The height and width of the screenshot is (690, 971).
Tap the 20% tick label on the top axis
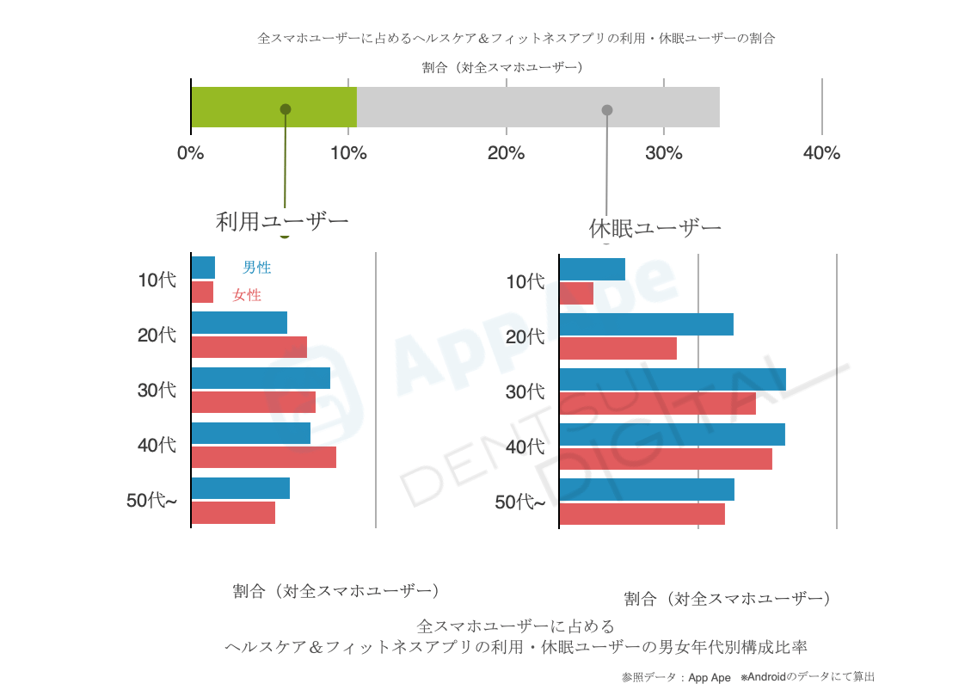tap(506, 154)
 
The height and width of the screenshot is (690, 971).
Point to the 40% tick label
tap(821, 154)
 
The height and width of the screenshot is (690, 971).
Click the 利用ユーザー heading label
tap(282, 222)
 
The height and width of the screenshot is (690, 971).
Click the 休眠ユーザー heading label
tap(655, 229)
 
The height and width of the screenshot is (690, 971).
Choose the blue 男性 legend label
tap(256, 268)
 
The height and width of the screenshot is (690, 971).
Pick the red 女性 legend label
tap(247, 295)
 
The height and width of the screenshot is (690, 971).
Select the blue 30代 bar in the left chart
tap(261, 378)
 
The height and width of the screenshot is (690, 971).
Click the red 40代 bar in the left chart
tap(263, 457)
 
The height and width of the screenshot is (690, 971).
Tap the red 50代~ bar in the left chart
tap(233, 512)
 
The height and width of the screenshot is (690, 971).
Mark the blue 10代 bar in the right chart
tap(592, 268)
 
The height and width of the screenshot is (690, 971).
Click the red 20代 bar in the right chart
tap(618, 348)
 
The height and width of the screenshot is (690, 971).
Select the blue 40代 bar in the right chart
tap(672, 434)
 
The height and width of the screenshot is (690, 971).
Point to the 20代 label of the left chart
tap(157, 335)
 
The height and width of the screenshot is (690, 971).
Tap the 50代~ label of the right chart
tap(519, 502)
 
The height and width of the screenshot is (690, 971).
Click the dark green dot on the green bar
tap(286, 109)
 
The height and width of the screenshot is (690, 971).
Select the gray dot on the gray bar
tap(607, 110)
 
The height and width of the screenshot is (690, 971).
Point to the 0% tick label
tap(190, 154)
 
